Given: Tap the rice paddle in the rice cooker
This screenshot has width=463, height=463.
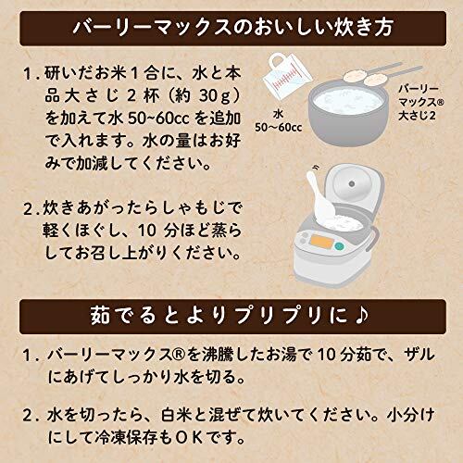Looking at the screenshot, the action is (321, 197).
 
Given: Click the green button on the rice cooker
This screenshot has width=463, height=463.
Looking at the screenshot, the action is (339, 246).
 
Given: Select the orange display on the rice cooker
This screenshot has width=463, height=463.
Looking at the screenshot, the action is (320, 242).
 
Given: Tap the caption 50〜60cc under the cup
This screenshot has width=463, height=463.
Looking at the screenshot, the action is (278, 127).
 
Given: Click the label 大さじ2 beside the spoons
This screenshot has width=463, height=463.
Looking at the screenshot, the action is (417, 116).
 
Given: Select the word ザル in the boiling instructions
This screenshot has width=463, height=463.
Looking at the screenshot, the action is (419, 355).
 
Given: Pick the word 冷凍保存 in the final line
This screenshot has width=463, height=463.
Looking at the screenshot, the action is (127, 437).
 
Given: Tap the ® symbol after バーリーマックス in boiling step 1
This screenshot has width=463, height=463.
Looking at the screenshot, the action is (179, 356).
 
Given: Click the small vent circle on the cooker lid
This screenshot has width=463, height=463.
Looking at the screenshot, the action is (351, 184).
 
